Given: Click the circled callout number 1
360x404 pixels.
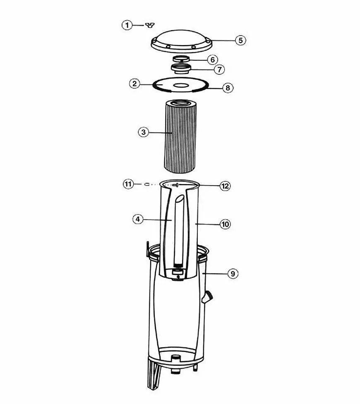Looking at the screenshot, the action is (x=127, y=25).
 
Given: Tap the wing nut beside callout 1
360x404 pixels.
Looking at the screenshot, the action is (x=150, y=25).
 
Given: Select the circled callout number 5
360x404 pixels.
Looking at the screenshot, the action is (x=240, y=40).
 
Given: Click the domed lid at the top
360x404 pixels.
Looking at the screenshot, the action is (x=181, y=41).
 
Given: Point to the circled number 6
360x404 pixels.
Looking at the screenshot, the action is (x=213, y=60).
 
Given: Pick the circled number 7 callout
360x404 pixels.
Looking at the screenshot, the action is (x=219, y=69).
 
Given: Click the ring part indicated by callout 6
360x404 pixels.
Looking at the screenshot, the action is (x=181, y=59).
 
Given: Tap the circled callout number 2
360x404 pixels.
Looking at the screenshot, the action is (x=134, y=84).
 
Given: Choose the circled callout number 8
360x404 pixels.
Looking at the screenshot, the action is (x=228, y=88).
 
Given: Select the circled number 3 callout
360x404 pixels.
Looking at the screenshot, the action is (x=144, y=132).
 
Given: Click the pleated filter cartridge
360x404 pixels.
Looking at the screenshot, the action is (x=180, y=136).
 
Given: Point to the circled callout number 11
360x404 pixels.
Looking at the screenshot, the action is (x=128, y=184).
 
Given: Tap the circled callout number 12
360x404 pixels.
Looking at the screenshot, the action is (x=225, y=186).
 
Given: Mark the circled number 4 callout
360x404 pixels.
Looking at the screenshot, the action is (x=138, y=219).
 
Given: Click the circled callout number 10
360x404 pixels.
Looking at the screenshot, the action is (x=225, y=224).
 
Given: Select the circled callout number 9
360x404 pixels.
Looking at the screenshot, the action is (x=233, y=274).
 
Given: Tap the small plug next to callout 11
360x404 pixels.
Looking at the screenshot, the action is (x=147, y=184).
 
